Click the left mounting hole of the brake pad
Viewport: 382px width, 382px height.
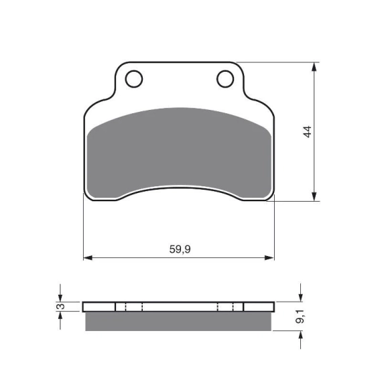134,79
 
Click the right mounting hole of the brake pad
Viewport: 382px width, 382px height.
225,79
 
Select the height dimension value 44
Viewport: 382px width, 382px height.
308,132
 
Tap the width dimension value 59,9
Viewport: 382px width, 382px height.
180,249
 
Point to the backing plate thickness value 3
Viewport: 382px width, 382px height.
62,306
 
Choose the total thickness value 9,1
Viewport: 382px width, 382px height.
300,316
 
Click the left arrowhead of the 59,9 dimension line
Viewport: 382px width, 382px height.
88,257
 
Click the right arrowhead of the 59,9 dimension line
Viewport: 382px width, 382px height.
269,257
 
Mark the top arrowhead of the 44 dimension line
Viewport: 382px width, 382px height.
314,67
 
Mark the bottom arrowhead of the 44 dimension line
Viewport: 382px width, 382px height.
314,196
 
